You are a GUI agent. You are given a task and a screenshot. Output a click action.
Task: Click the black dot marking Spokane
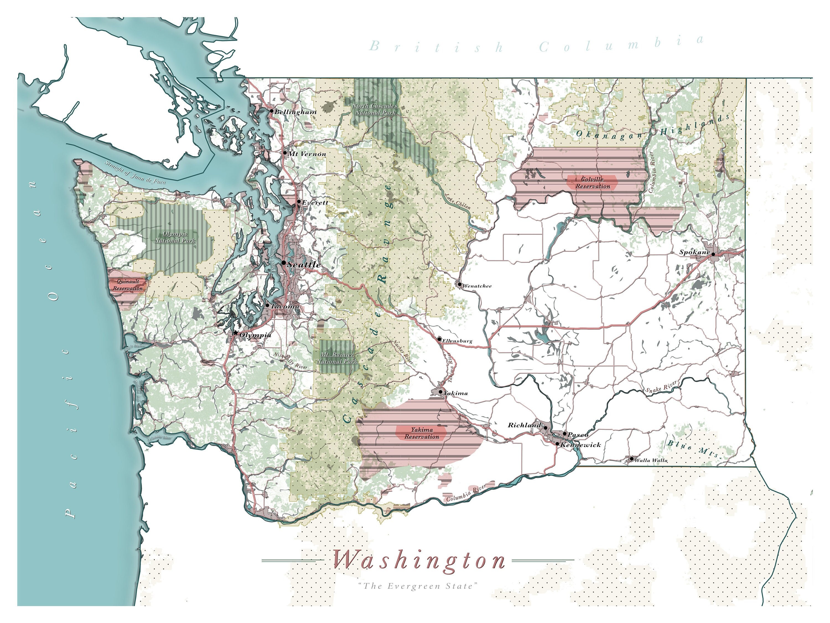(713, 254)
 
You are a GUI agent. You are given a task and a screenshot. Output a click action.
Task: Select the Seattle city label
(304, 264)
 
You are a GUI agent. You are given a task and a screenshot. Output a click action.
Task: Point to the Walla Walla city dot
(632, 459)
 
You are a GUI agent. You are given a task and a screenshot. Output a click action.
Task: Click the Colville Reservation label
(593, 183)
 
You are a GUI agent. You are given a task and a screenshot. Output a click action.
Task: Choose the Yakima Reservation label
(422, 433)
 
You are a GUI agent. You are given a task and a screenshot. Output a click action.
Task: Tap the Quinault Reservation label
(128, 285)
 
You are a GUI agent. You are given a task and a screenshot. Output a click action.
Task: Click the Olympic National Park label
(175, 237)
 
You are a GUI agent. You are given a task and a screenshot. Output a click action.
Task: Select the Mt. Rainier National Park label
(337, 358)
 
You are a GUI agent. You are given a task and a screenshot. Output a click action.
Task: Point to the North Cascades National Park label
(375, 109)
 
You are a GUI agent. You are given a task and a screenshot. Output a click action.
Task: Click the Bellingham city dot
(272, 111)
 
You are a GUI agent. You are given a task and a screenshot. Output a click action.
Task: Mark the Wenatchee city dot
(460, 284)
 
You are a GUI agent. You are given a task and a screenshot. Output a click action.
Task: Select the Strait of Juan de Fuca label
(135, 173)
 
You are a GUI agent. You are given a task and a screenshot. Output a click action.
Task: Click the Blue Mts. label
(693, 449)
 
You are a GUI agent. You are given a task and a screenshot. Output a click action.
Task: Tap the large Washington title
(419, 561)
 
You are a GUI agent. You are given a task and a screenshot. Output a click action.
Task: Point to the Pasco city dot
(565, 434)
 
